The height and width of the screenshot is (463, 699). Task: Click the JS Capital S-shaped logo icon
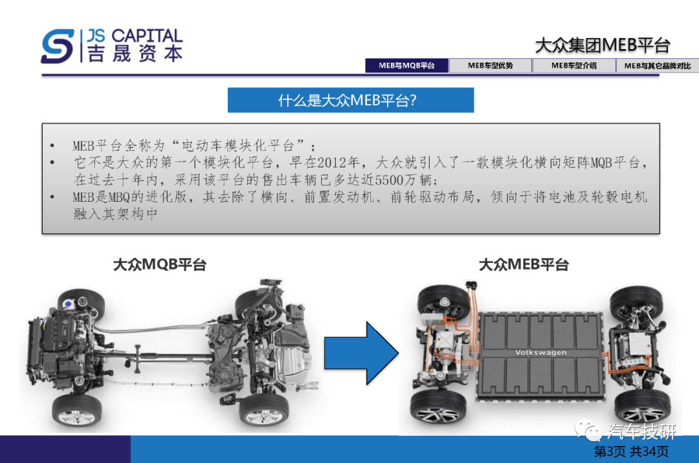click(x=58, y=46)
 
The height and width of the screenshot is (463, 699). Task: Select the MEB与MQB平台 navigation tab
click(x=406, y=65)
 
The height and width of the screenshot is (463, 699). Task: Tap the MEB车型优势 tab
click(x=490, y=65)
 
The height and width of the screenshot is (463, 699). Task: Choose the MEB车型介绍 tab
click(x=573, y=65)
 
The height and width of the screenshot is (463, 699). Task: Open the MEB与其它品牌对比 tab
click(x=658, y=65)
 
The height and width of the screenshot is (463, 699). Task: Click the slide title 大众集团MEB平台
click(x=603, y=45)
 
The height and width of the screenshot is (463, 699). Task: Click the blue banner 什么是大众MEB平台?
click(x=350, y=100)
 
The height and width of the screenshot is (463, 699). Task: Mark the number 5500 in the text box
click(x=389, y=180)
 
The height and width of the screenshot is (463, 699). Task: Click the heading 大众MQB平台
click(x=160, y=264)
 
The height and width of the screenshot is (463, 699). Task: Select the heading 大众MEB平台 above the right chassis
click(x=524, y=264)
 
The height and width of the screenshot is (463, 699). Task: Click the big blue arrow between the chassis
click(x=361, y=353)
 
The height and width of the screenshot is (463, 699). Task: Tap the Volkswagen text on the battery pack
click(x=540, y=352)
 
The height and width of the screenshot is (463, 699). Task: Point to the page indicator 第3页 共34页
click(x=631, y=451)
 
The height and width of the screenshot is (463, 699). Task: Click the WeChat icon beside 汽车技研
click(x=588, y=429)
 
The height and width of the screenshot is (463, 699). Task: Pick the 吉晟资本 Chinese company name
click(x=135, y=54)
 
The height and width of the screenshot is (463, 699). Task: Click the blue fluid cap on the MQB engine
click(x=68, y=304)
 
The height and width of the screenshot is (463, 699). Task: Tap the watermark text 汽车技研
click(x=641, y=431)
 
